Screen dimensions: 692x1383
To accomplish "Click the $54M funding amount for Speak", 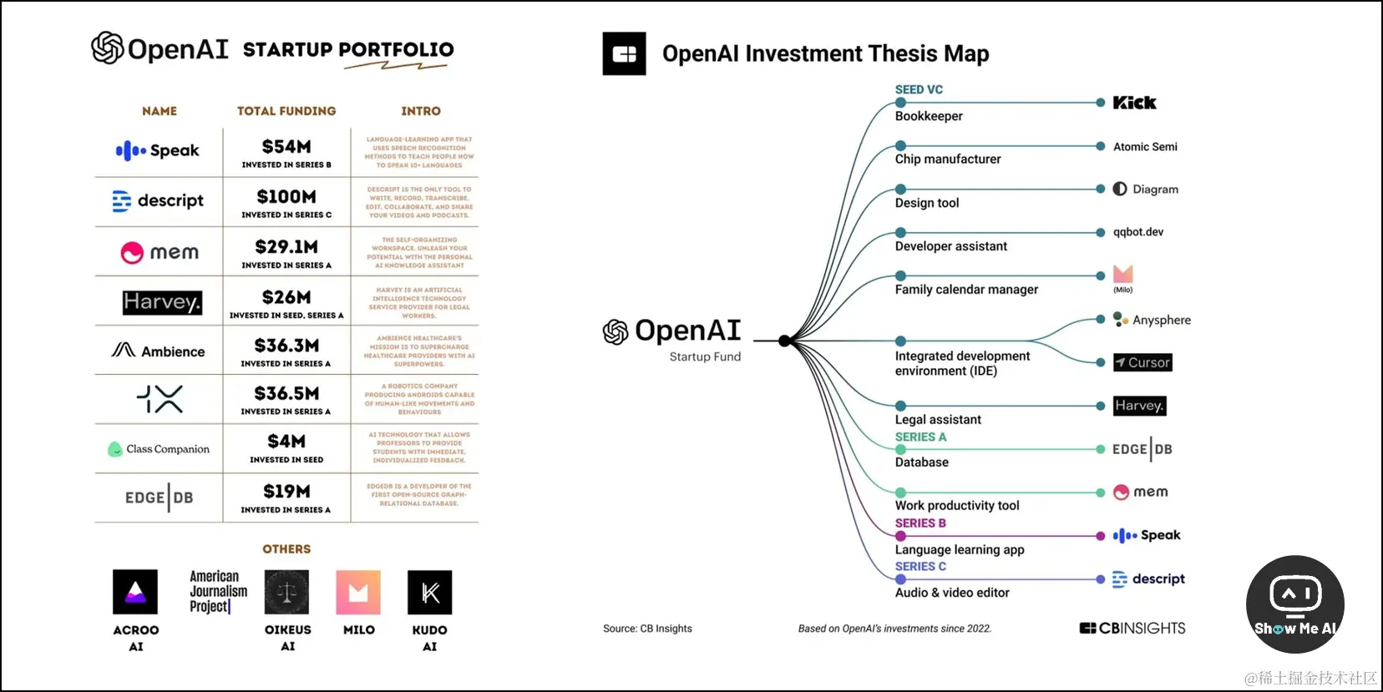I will click(286, 147).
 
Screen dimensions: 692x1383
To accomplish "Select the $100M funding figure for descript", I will click(286, 197).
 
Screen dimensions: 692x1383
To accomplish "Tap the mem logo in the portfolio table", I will click(160, 252).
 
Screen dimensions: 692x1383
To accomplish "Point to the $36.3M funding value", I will click(286, 346).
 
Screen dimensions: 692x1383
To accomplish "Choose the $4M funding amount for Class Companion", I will click(286, 442).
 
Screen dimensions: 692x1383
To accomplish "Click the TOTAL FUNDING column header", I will click(286, 111).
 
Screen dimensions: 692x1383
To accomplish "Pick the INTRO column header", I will click(421, 111).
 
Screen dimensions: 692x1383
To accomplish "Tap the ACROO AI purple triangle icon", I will click(135, 592).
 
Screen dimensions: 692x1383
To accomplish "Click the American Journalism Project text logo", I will click(218, 592).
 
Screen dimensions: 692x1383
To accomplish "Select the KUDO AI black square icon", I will click(430, 592).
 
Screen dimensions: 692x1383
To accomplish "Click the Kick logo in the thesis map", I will click(1134, 103).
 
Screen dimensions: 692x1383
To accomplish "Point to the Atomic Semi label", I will click(1145, 147).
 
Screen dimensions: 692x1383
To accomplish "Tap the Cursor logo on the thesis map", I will click(1142, 362).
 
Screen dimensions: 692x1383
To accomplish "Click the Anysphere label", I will click(1161, 320).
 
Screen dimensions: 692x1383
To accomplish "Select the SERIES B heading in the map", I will click(920, 523).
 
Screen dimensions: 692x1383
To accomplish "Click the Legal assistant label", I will click(938, 420).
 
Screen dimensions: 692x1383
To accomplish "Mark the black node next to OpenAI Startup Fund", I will click(784, 341).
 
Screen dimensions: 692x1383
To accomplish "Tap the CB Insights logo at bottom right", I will click(1132, 629).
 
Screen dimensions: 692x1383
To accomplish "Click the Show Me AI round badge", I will click(1294, 604).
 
